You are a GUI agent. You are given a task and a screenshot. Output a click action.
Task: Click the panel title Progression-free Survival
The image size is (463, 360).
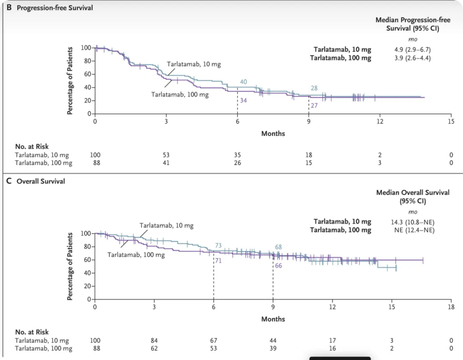point(54,8)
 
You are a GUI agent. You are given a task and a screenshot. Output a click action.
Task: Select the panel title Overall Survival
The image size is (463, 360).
point(41,181)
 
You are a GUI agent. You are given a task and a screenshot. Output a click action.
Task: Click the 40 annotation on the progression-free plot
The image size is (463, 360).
point(244,82)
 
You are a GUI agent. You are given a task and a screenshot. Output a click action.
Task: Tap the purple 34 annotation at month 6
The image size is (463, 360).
point(244,100)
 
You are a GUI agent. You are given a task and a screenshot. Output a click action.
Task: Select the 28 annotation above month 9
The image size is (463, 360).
point(314,88)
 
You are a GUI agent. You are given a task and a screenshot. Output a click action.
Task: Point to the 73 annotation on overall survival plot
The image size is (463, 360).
point(218,246)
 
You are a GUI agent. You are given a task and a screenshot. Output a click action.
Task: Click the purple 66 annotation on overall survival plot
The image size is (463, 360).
point(278,266)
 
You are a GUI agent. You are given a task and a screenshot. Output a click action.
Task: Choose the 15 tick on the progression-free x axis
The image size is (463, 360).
point(451,122)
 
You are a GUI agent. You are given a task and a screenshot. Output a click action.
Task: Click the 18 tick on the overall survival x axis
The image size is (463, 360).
point(451,307)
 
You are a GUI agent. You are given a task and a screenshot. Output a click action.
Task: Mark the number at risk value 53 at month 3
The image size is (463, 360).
point(166,155)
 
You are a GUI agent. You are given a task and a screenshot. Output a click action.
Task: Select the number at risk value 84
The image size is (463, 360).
point(154,341)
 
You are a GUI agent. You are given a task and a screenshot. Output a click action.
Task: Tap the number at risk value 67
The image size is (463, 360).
point(213,341)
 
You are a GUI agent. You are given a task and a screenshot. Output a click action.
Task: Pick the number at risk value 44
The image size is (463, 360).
point(273,341)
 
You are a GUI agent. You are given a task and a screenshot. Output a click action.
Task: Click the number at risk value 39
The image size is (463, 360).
point(273,348)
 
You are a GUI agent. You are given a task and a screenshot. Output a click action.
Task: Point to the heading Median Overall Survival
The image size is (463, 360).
point(413,192)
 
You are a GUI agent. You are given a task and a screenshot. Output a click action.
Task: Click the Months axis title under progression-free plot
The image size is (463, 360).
point(273,133)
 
